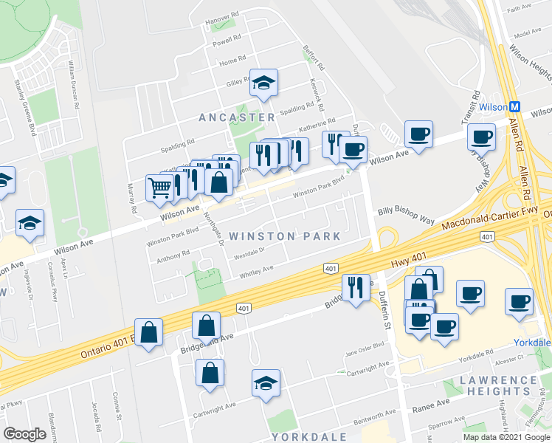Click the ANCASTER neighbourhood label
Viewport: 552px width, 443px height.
[236, 117]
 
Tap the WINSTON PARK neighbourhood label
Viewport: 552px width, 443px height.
[285, 236]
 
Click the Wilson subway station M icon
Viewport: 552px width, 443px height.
[516, 106]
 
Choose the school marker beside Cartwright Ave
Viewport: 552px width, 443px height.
[266, 382]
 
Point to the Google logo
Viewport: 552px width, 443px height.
[25, 434]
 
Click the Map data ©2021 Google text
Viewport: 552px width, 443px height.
[506, 437]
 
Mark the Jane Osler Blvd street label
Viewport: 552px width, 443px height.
[365, 346]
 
